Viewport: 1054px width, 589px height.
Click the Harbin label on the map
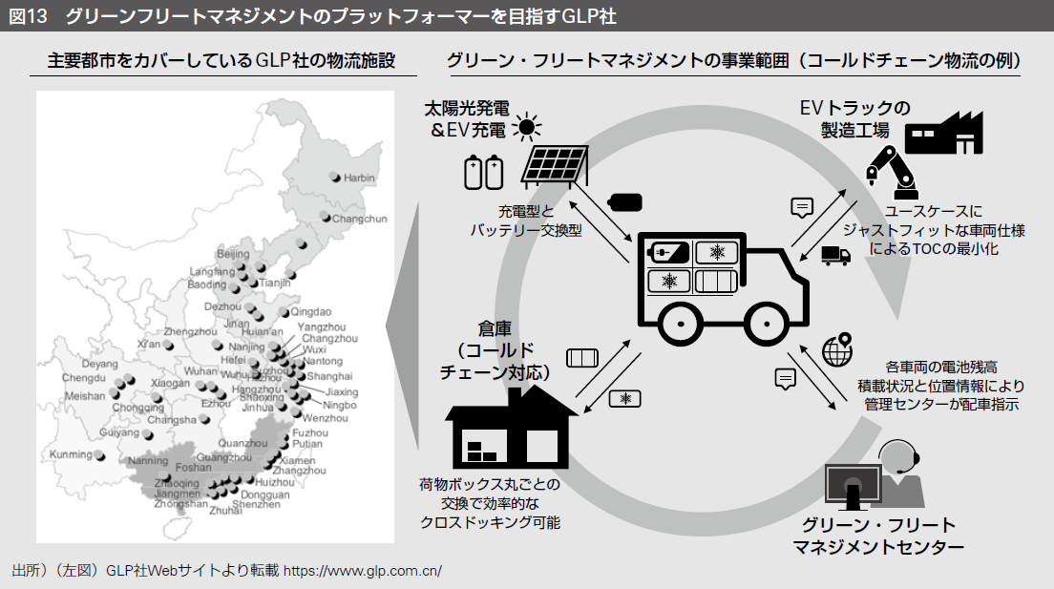coord(359,178)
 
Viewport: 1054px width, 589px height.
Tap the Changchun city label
coord(360,219)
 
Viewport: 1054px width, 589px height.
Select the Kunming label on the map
coord(72,454)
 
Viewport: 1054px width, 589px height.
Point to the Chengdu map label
coord(83,378)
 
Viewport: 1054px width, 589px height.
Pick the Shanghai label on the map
coord(331,376)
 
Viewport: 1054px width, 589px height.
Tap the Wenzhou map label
coord(325,418)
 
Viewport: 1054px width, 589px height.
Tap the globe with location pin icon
coord(837,350)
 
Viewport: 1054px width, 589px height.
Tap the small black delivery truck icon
coord(835,255)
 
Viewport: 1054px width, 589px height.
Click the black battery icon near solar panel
coord(625,201)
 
